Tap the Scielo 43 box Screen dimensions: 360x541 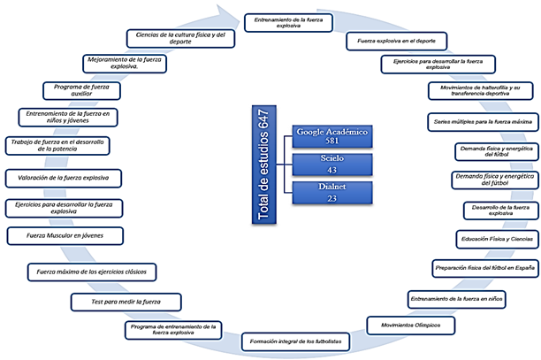(x=331, y=163)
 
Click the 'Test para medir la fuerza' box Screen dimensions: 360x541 (x=116, y=302)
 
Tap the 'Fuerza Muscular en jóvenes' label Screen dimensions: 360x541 (x=65, y=236)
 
